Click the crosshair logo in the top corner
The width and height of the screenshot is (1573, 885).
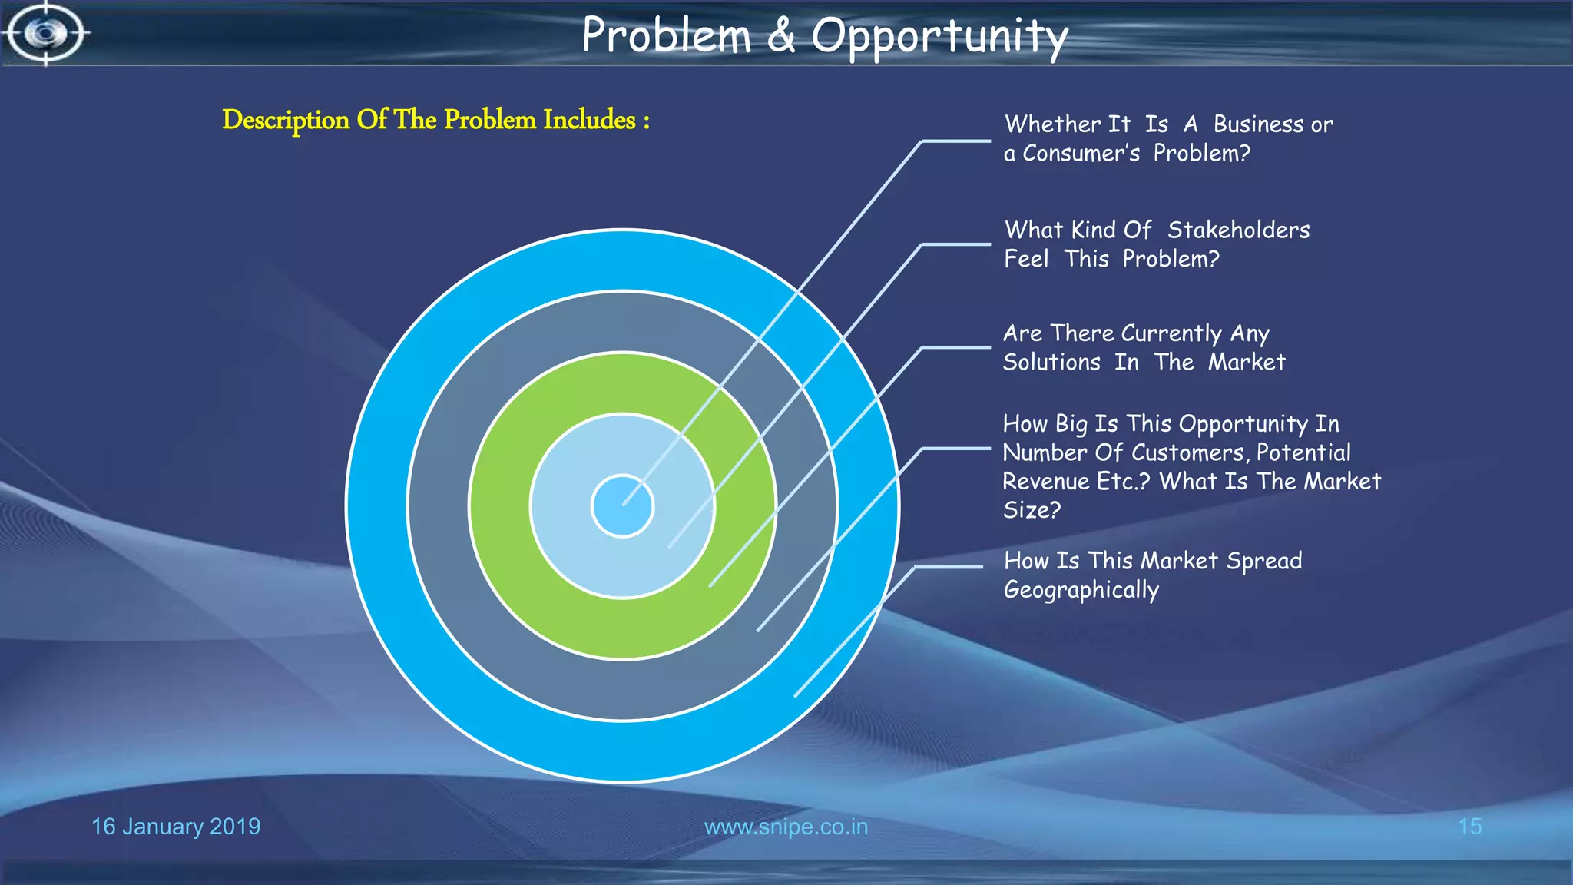[46, 33]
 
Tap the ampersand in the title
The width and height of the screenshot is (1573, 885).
[780, 36]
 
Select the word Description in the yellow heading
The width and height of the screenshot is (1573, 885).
[286, 121]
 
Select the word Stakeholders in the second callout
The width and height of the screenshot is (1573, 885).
[1238, 230]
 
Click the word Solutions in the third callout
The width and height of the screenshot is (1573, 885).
[1051, 363]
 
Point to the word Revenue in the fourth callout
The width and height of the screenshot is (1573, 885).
[1046, 482]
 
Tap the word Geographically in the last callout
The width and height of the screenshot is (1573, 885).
[1081, 590]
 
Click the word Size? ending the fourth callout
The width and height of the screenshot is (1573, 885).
[1032, 510]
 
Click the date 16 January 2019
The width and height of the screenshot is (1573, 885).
[176, 827]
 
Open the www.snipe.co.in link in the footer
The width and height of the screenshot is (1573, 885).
[786, 827]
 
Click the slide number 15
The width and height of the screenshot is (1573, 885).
[1469, 827]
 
